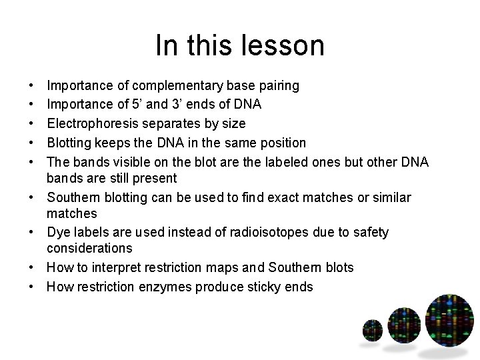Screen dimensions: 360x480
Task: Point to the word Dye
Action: click(57, 232)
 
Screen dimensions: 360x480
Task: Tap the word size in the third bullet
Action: click(233, 123)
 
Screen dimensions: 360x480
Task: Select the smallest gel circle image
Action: click(372, 329)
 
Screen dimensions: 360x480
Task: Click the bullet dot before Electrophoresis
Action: click(33, 123)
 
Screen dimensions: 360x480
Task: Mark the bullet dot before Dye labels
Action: click(33, 232)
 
